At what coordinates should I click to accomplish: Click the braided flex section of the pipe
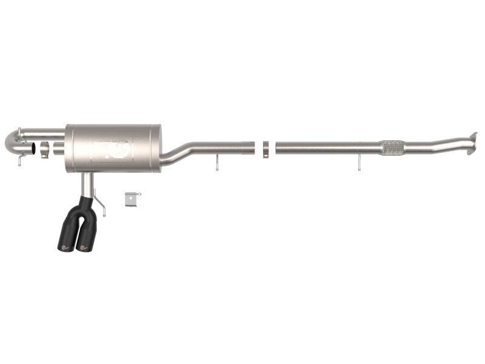(x=392, y=147)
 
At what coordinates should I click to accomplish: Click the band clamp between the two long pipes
(x=266, y=149)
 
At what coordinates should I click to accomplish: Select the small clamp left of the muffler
(x=44, y=150)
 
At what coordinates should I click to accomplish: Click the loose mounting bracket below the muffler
(x=133, y=199)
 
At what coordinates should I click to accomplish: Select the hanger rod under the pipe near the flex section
(x=359, y=162)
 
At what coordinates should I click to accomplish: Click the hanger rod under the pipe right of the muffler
(x=217, y=163)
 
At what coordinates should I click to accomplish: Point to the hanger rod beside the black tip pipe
(x=101, y=206)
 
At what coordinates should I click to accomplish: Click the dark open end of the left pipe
(x=34, y=148)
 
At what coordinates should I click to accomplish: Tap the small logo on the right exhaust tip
(x=81, y=247)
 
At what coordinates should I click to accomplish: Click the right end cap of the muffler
(x=158, y=149)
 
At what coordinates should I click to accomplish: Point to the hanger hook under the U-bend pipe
(x=20, y=161)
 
